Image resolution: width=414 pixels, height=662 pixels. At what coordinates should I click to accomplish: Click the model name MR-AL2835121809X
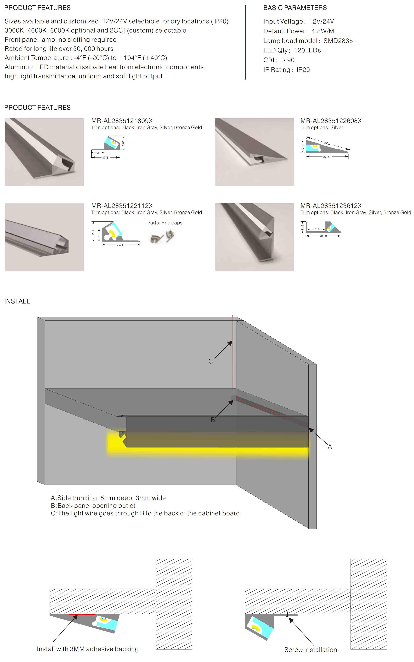click(122, 121)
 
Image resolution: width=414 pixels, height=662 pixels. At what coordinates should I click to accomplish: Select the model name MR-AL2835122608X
click(331, 121)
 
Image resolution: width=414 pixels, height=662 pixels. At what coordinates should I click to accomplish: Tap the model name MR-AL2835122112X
click(122, 206)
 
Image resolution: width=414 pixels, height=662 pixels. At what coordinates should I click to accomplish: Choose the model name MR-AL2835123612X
click(331, 206)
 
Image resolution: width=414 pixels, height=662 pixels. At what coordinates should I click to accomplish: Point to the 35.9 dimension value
click(323, 236)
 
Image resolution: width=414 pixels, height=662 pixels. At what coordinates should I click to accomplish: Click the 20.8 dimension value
click(120, 245)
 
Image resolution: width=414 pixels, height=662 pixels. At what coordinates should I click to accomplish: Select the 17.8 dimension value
click(105, 157)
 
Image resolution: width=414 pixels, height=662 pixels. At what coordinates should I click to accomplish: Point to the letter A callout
click(330, 447)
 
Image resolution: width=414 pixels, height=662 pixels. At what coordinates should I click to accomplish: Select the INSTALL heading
click(17, 301)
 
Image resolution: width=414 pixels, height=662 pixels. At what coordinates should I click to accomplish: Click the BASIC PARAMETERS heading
click(295, 8)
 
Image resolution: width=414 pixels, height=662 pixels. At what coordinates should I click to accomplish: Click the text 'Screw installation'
click(311, 650)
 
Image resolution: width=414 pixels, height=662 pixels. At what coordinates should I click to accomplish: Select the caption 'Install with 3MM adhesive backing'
click(88, 649)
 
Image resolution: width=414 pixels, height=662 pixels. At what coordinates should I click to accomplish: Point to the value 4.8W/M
click(323, 31)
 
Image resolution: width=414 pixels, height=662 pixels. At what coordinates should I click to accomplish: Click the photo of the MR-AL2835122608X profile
click(255, 152)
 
